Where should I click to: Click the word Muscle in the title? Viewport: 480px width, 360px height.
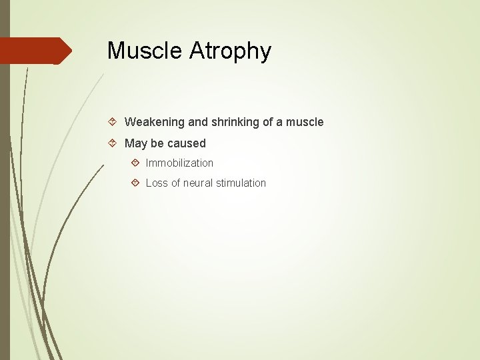(147, 51)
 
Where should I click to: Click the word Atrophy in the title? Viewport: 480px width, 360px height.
(231, 51)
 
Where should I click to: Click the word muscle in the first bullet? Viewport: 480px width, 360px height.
(305, 122)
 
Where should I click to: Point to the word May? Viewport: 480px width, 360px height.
(136, 143)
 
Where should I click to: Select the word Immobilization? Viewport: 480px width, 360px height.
(179, 163)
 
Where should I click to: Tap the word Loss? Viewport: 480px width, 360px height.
(157, 183)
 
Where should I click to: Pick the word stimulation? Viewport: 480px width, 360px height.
(242, 183)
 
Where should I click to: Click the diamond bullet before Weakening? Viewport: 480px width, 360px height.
(113, 122)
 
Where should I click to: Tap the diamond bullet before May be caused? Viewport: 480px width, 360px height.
(113, 143)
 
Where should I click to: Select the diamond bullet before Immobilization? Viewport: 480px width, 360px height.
(135, 163)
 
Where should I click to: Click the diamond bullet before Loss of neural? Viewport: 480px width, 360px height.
(135, 183)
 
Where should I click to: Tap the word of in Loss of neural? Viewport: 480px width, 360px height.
(177, 183)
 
